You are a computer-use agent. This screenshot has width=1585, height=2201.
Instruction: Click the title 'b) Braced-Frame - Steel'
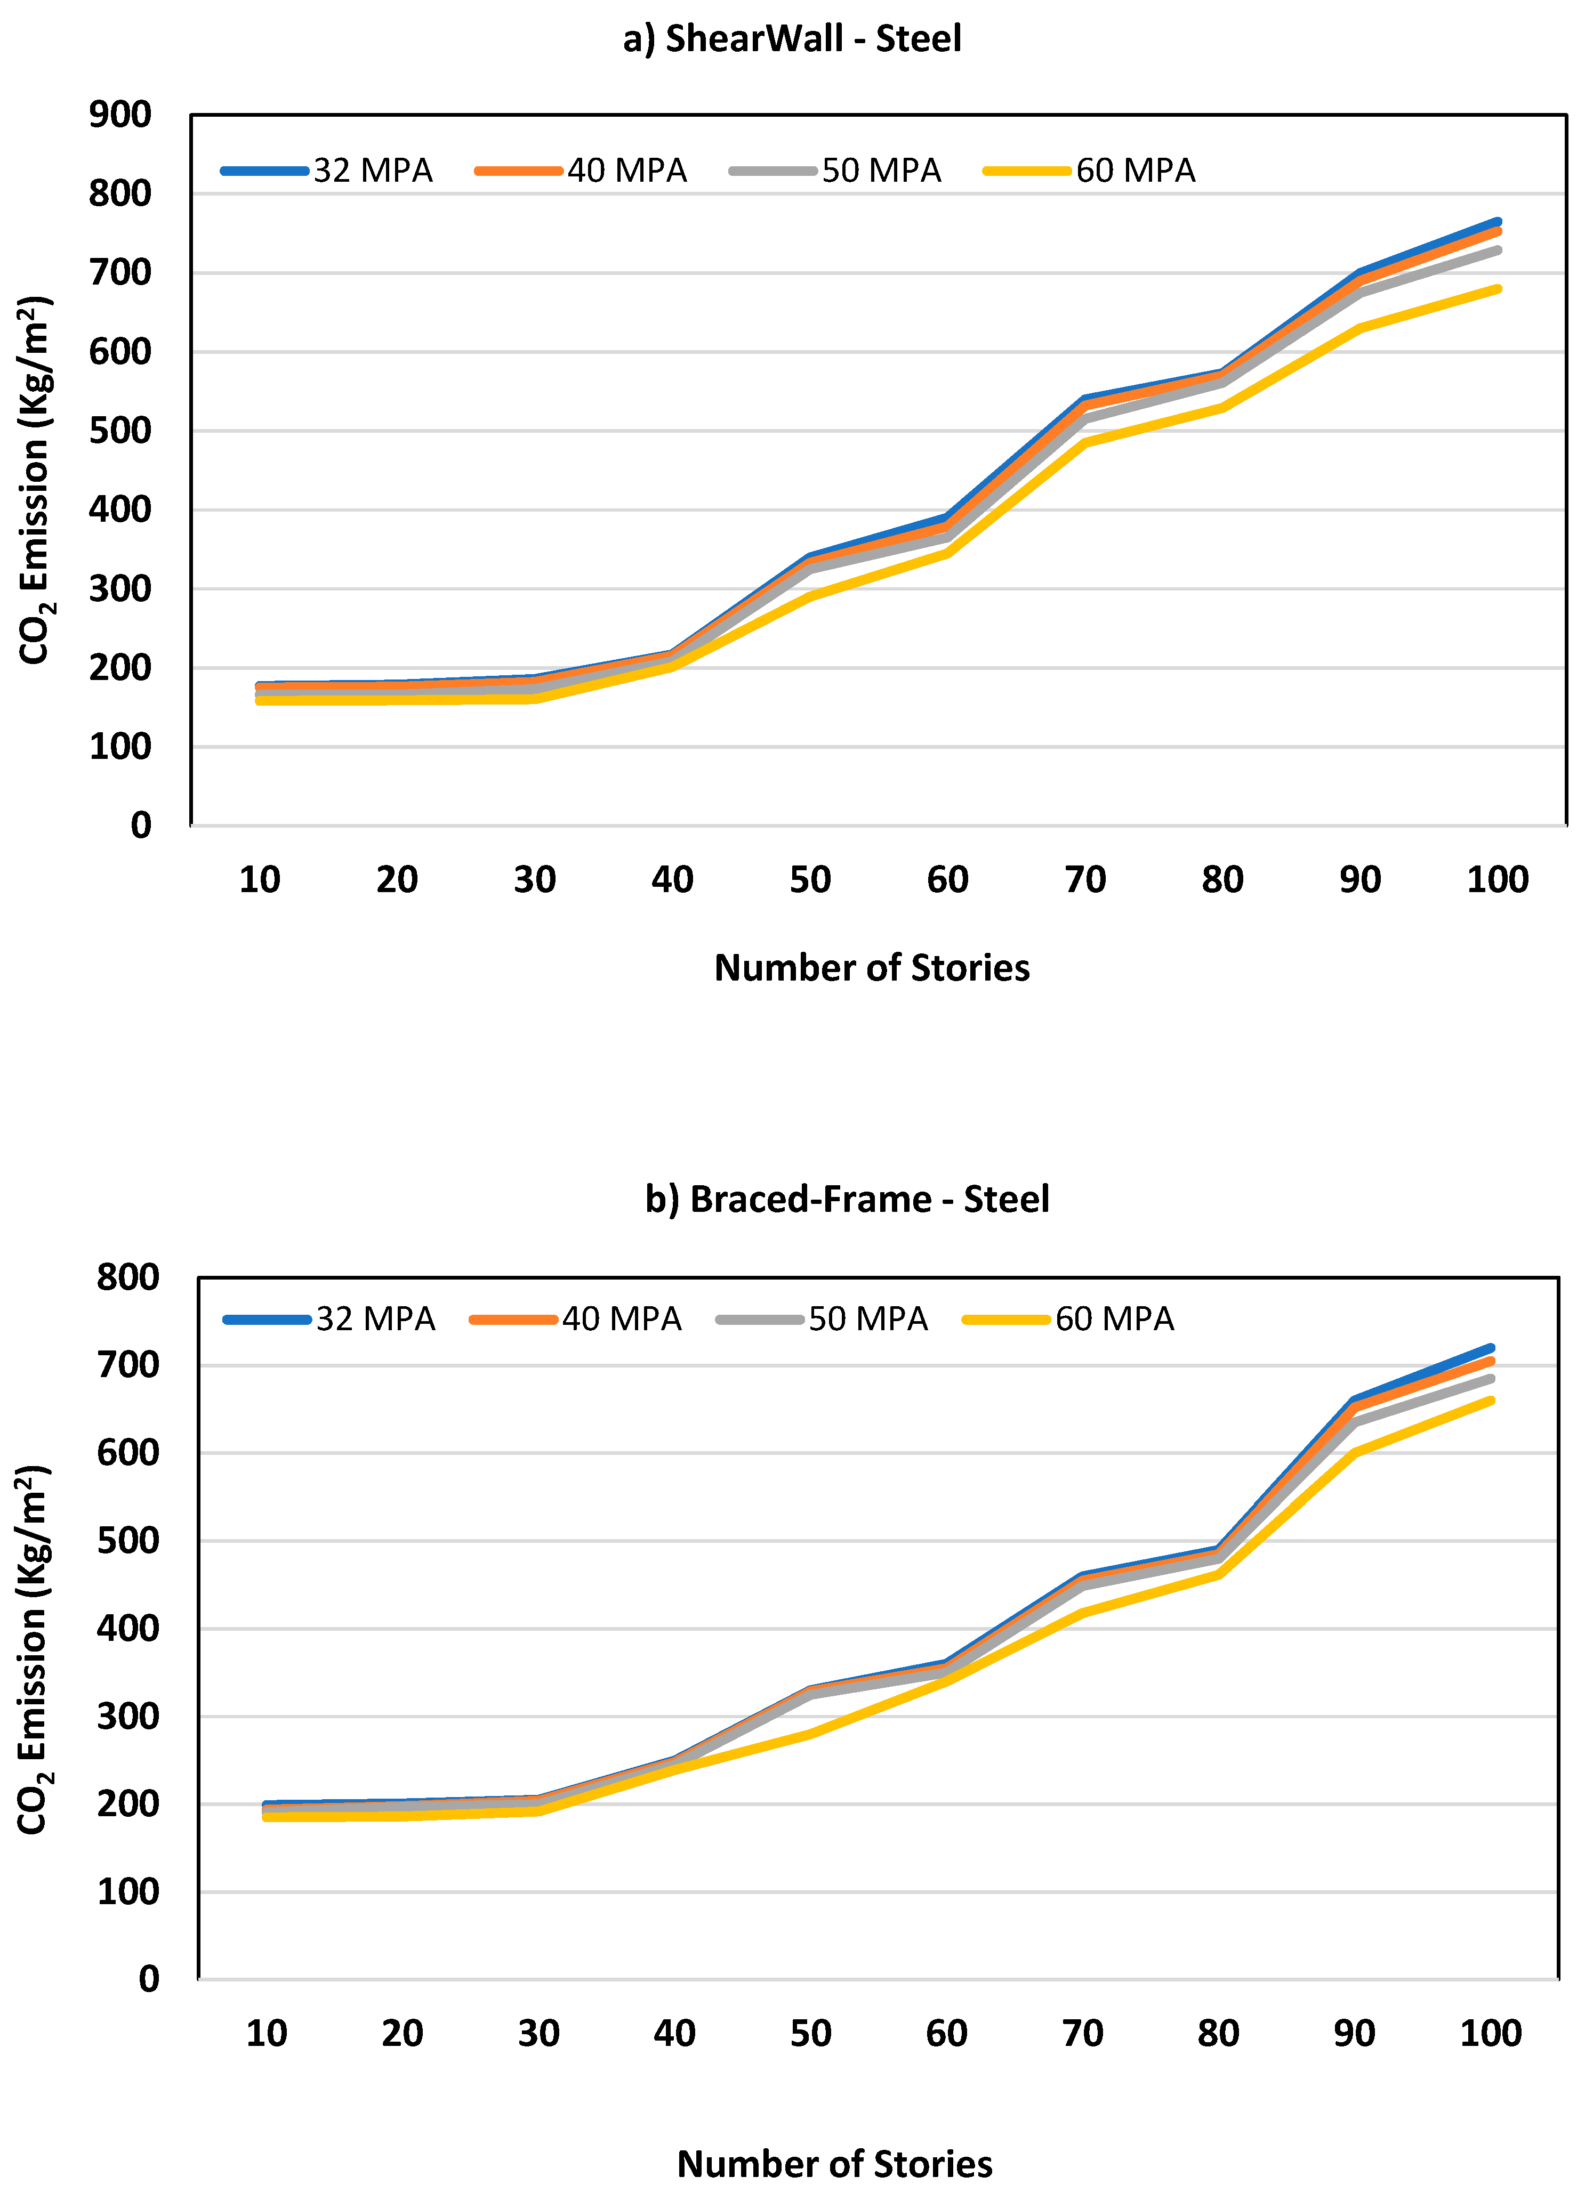point(847,1200)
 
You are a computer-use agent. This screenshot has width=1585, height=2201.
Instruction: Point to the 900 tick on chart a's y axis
point(120,115)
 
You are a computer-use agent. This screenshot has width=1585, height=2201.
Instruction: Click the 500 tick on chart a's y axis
point(120,431)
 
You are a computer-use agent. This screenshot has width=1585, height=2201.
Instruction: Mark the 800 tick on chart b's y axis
point(127,1277)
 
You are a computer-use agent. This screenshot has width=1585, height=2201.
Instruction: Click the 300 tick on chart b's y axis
point(127,1717)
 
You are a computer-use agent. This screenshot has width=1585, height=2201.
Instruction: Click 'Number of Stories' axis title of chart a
point(872,968)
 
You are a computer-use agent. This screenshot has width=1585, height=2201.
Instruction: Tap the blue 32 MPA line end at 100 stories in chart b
point(1490,1348)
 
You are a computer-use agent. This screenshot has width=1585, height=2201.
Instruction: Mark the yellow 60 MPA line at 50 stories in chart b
point(809,1734)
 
